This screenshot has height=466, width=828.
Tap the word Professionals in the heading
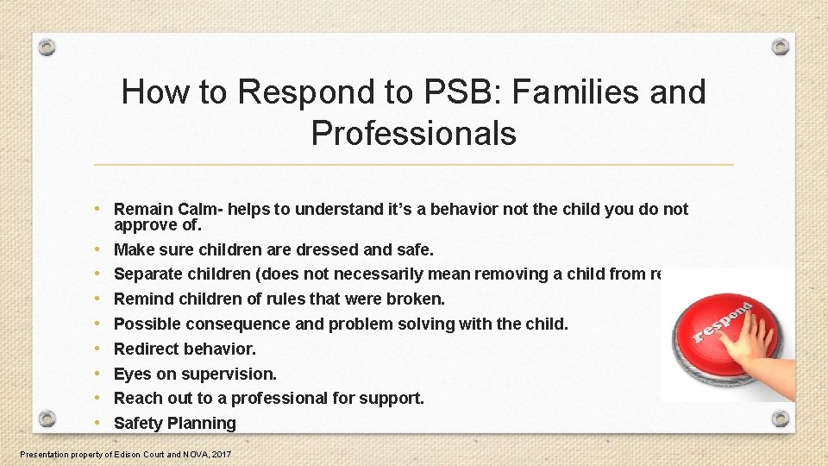413,133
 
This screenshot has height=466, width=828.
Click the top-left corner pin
47,46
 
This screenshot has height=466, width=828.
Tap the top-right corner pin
780,46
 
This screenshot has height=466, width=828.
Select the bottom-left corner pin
47,419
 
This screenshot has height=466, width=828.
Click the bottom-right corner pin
780,419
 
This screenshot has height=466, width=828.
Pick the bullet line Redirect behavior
185,349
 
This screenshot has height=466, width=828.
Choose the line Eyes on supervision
195,374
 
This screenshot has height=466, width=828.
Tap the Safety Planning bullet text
174,423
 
